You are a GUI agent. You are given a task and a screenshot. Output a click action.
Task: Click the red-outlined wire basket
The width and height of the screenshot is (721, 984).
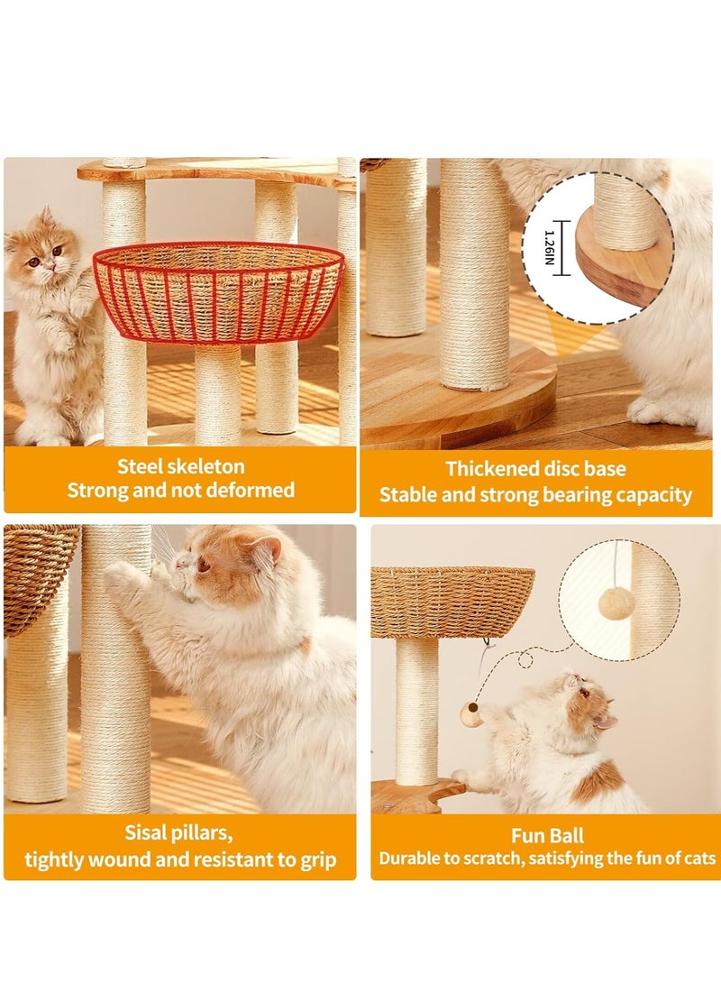(x=218, y=291)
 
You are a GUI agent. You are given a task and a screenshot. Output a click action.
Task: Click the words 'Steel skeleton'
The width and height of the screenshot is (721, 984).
(x=180, y=466)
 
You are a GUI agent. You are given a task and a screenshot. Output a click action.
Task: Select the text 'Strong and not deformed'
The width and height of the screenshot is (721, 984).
(x=180, y=491)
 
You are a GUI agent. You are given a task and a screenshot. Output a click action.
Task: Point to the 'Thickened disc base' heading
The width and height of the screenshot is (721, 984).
(x=535, y=469)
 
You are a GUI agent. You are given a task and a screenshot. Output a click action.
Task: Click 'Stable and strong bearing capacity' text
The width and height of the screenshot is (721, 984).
(x=535, y=495)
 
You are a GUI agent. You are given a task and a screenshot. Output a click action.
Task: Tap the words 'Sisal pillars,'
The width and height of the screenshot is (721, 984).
(x=180, y=832)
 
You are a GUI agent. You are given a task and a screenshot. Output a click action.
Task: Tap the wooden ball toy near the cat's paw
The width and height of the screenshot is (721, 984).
(x=470, y=714)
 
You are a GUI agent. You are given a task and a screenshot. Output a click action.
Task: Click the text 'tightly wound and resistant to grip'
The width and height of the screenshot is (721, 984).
(x=180, y=860)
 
